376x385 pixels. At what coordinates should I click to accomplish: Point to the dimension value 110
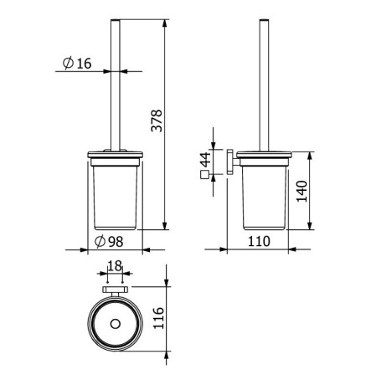[260, 242]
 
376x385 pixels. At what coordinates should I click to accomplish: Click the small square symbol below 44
[204, 175]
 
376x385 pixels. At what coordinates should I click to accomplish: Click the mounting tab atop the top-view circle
[115, 290]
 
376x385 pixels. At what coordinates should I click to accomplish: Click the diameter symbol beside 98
[100, 242]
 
